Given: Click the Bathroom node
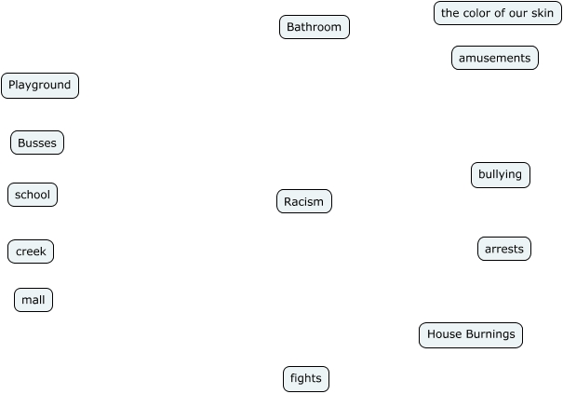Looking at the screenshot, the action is (x=314, y=27).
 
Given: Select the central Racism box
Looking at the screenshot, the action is (x=303, y=201).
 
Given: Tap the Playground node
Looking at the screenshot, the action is (x=40, y=86).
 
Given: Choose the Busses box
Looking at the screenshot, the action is (x=37, y=143).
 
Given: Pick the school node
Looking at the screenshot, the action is (x=33, y=195).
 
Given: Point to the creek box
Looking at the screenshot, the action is (x=31, y=251).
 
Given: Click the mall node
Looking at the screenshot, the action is (x=34, y=300).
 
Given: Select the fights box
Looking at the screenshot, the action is (x=306, y=378).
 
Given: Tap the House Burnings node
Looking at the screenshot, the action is (x=471, y=334).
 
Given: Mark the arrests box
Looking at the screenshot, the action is (x=504, y=249).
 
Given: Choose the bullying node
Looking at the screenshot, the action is (x=500, y=174).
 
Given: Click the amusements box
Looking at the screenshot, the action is (x=494, y=58).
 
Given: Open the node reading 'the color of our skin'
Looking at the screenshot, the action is (x=497, y=13).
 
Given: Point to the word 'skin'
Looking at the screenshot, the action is (x=542, y=13).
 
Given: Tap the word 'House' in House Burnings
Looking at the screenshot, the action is (x=444, y=334).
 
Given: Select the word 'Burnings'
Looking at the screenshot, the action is (x=489, y=334).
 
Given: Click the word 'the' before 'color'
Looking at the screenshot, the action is (x=450, y=13).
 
